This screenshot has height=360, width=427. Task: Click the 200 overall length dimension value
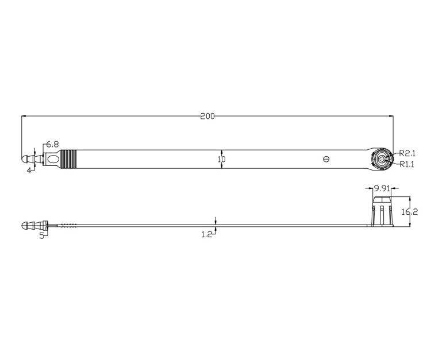tap(207, 117)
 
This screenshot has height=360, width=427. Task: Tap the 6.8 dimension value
tap(52, 144)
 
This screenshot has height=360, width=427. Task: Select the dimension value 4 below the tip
tap(29, 171)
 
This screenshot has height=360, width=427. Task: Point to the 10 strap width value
tap(222, 159)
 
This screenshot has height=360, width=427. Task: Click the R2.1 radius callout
tap(407, 153)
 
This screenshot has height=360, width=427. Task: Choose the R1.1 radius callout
tap(407, 164)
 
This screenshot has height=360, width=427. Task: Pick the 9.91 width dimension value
tap(382, 188)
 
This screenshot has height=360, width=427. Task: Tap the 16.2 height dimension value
tap(410, 212)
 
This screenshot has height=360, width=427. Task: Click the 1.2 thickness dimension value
tap(207, 234)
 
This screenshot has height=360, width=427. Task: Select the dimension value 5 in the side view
tap(41, 236)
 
